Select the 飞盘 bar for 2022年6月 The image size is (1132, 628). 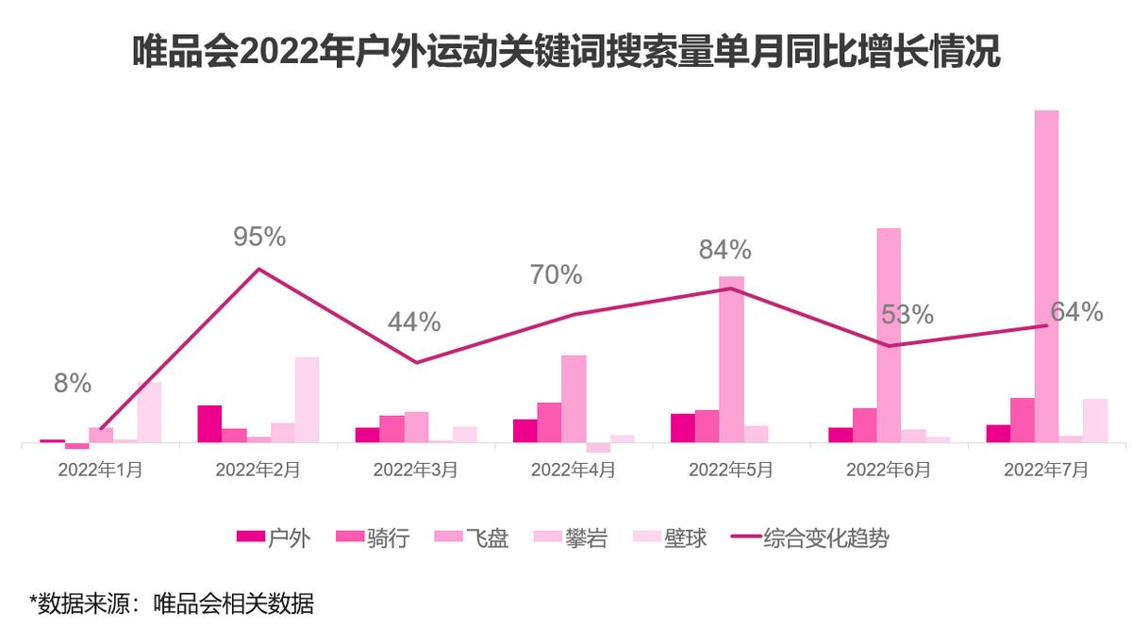[889, 335]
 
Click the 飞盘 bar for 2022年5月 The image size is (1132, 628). [731, 358]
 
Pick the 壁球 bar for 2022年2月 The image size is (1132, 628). [307, 399]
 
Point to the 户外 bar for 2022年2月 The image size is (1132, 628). [209, 423]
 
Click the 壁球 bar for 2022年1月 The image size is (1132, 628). [149, 412]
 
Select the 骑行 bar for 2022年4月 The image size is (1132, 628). [549, 422]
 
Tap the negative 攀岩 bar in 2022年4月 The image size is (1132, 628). [598, 447]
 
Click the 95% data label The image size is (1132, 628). [259, 237]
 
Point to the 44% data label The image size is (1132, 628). [414, 322]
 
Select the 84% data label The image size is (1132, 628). [724, 250]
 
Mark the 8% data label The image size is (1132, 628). [73, 384]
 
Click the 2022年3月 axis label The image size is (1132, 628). [415, 469]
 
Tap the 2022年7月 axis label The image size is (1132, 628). [1045, 469]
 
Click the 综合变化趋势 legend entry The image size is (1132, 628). [810, 538]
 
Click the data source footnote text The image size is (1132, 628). [171, 603]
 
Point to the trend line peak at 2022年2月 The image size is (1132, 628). [258, 270]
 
